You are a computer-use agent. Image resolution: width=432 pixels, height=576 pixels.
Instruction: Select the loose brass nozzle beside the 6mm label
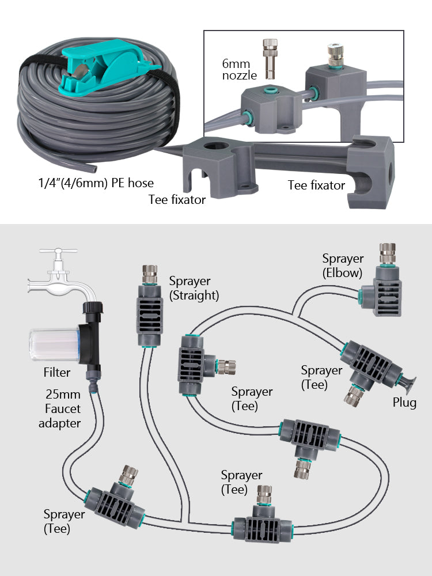point(268,57)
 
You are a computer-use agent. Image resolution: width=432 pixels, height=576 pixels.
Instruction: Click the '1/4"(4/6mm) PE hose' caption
point(92,183)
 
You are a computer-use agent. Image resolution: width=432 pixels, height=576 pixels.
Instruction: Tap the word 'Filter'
point(57,373)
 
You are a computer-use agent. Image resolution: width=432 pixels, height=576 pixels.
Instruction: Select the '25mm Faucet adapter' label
point(60,409)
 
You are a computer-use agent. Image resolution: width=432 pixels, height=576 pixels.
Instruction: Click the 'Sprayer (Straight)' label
point(194,288)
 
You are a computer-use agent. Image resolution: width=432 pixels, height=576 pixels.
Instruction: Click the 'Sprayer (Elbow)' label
point(342,266)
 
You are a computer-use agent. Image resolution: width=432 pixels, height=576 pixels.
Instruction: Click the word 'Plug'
point(404,403)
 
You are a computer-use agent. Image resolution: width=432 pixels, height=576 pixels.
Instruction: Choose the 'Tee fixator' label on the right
point(316,185)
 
